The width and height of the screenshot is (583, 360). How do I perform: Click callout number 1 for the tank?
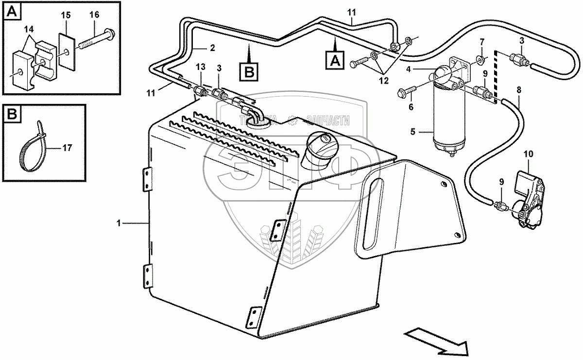[118, 223]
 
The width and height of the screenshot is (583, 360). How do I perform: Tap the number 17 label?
[68, 148]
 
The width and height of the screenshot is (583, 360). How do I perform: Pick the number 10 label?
[528, 154]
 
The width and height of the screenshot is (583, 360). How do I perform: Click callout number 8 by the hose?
[518, 89]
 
